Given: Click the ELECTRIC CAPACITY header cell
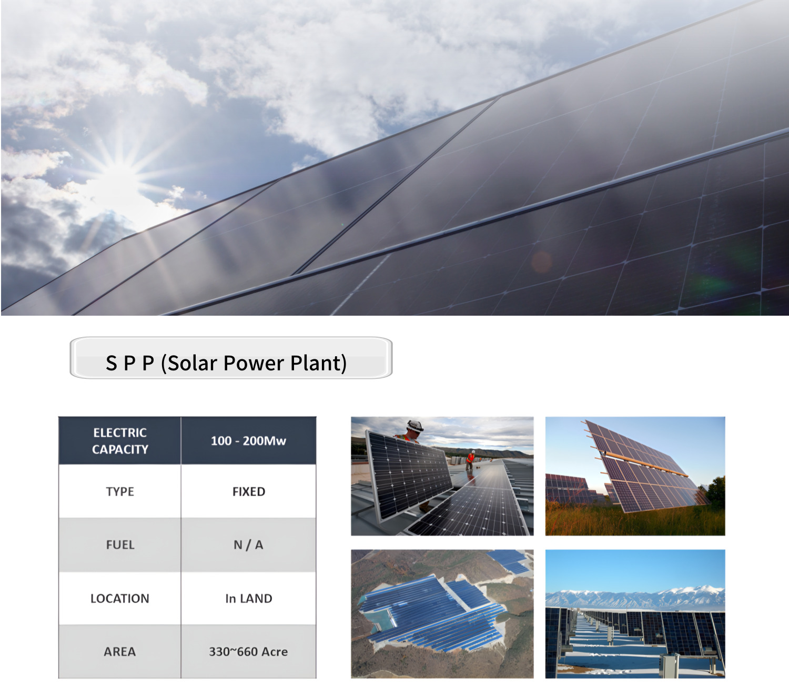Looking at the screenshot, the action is pos(119,441).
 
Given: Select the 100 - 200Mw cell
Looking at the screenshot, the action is pos(248,441).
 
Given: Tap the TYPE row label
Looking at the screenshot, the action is pos(120,491).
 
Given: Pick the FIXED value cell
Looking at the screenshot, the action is pos(248,491).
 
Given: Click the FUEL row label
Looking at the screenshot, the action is pos(120,545).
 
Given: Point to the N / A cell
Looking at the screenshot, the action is pos(248,545).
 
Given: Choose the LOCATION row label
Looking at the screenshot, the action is pos(120,598).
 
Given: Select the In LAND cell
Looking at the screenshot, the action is pos(248,598).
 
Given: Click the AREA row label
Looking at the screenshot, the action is pos(120,651).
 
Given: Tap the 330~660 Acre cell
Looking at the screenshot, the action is pos(248,651).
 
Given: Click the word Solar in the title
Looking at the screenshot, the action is pos(193,363).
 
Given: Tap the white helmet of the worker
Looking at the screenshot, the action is pos(414,425).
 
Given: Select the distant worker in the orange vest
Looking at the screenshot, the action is pos(470,460).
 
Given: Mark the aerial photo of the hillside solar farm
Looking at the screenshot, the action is pos(442,613).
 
